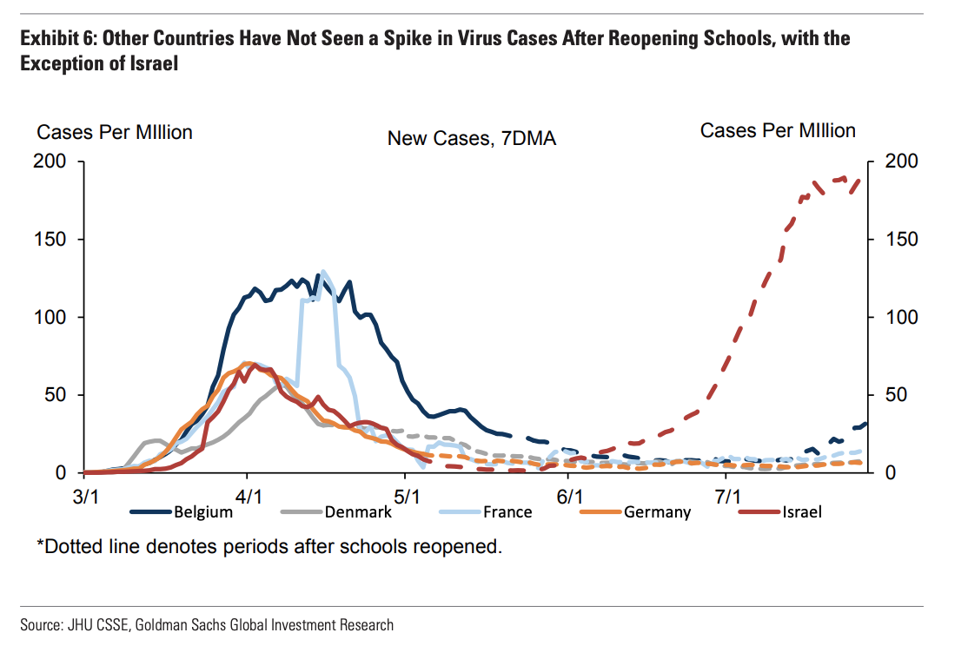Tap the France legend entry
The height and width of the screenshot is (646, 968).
(507, 511)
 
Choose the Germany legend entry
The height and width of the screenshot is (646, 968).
(657, 511)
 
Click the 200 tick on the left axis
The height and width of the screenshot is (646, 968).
(50, 161)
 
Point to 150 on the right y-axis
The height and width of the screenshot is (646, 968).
(899, 240)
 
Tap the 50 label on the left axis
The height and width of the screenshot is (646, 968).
(55, 395)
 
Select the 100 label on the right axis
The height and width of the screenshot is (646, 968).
(899, 317)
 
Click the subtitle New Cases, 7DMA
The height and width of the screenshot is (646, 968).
(471, 138)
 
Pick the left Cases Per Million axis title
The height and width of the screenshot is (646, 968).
(114, 132)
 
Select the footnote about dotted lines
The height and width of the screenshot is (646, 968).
(269, 548)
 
